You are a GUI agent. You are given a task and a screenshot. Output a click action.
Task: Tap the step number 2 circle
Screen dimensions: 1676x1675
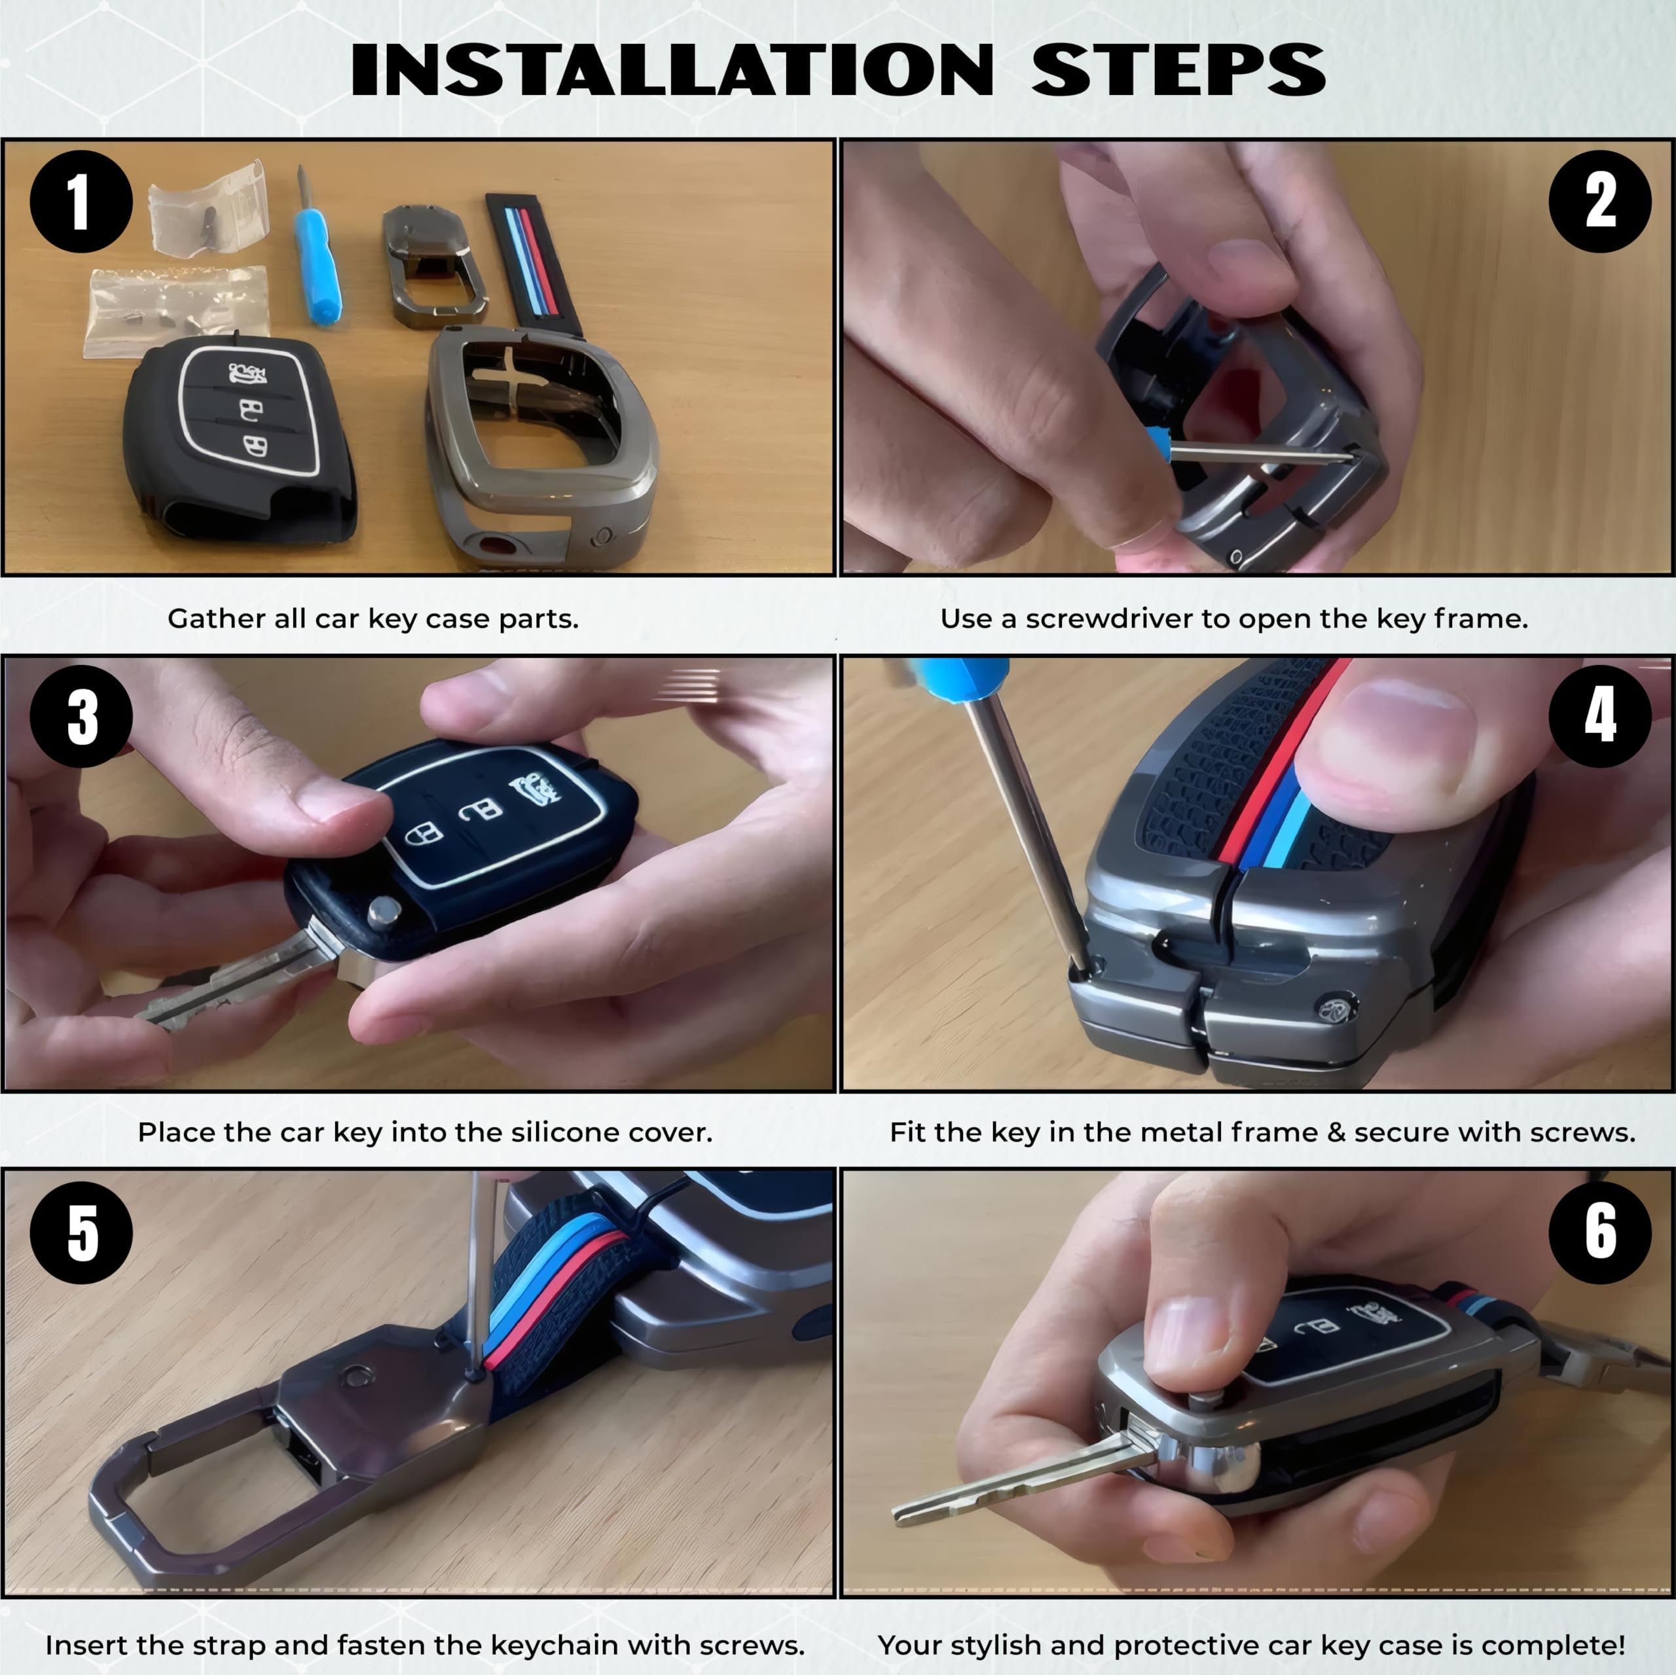tap(1599, 201)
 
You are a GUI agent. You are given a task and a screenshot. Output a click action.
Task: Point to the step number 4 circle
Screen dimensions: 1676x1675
tap(1599, 717)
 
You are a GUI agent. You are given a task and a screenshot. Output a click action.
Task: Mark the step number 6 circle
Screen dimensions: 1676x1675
tap(1599, 1232)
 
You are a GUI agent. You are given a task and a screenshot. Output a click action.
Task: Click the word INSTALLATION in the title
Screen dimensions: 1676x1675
tap(672, 69)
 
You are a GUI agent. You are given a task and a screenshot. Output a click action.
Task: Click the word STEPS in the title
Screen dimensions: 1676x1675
tap(1178, 69)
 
